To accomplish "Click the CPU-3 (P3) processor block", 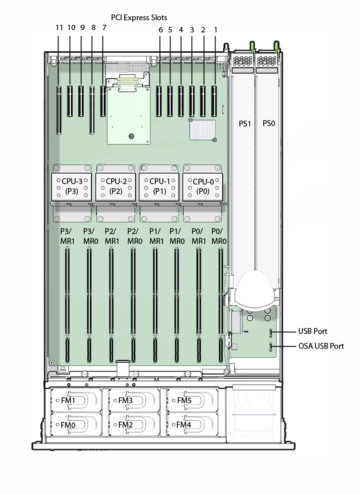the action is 72,187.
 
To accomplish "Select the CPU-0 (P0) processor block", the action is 203,187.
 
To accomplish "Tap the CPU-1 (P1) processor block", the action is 159,187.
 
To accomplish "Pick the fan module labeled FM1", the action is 76,400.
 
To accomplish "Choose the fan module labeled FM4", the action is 192,424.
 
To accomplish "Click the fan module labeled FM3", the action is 134,400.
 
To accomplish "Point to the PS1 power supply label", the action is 245,124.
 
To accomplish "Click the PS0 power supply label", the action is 269,123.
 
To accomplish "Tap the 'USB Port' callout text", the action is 313,331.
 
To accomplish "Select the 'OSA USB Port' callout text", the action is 321,346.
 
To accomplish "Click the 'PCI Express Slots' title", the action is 139,18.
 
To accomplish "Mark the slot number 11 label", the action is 59,28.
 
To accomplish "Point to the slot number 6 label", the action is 161,30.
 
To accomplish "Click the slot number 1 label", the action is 216,30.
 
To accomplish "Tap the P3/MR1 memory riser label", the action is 67,236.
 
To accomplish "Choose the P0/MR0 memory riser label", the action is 219,236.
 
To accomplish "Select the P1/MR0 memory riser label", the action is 177,236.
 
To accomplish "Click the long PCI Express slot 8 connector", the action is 92,110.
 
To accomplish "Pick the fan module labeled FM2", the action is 134,424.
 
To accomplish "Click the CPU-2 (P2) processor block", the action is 116,187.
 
